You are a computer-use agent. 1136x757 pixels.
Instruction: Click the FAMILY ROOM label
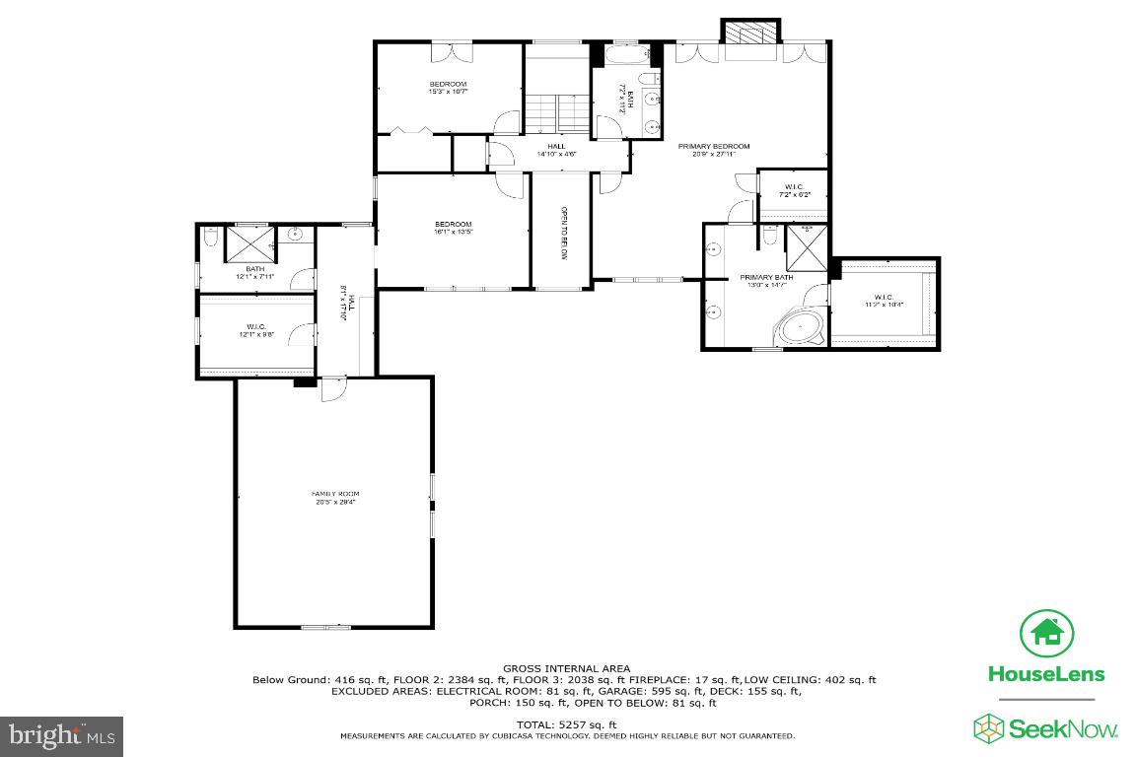tap(335, 497)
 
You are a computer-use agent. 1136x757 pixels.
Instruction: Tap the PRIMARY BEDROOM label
tap(713, 150)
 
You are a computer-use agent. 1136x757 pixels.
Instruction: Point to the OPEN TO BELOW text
tap(564, 233)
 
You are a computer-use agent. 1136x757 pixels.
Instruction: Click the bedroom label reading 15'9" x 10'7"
tap(447, 88)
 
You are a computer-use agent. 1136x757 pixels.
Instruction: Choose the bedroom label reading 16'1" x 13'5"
tap(454, 228)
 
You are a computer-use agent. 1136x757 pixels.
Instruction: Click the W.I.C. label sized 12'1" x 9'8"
tap(255, 331)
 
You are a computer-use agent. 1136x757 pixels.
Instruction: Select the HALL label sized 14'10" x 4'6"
tap(556, 150)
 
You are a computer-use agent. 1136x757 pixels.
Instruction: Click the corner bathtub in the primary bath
tap(799, 326)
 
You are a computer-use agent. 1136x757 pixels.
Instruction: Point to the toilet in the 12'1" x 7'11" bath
tap(208, 238)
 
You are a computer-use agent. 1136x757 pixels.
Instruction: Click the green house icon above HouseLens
tap(1046, 634)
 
